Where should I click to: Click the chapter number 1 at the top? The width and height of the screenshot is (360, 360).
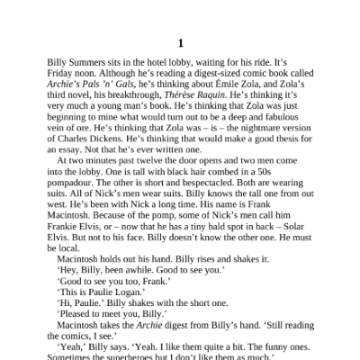180,42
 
